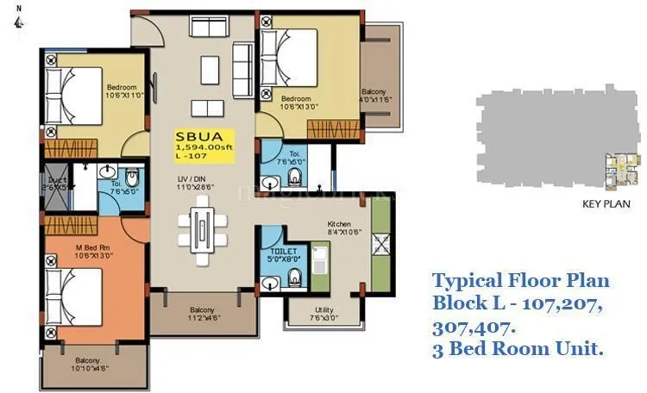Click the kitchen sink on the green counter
(x=319, y=256)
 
